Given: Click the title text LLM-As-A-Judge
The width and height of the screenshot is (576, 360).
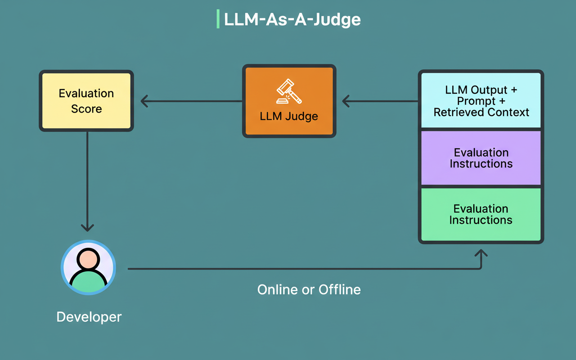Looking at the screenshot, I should tap(292, 20).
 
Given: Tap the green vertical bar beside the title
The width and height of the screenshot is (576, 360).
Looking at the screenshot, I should tap(218, 20).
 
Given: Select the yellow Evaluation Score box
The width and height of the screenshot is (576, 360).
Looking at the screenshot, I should tap(86, 101).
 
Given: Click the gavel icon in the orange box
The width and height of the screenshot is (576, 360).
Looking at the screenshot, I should tap(289, 92).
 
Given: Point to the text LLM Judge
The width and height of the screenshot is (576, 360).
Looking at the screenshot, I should tap(289, 116).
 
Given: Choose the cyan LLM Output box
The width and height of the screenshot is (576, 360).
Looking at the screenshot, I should tap(481, 101).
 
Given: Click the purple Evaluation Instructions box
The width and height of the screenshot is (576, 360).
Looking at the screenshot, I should tap(481, 158).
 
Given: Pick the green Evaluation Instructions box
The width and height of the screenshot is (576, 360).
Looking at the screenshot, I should tap(481, 214).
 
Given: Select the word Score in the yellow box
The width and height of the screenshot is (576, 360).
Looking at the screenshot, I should tap(86, 109).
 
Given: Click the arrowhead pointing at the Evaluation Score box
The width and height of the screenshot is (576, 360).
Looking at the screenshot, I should tap(144, 101).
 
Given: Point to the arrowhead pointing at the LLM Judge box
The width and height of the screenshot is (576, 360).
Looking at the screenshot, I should tap(346, 101).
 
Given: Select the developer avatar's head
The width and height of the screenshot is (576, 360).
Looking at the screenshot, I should tap(88, 259).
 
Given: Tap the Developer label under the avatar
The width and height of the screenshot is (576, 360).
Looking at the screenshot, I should tap(89, 317).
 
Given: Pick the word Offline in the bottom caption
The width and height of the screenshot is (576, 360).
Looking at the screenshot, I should tap(340, 289).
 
